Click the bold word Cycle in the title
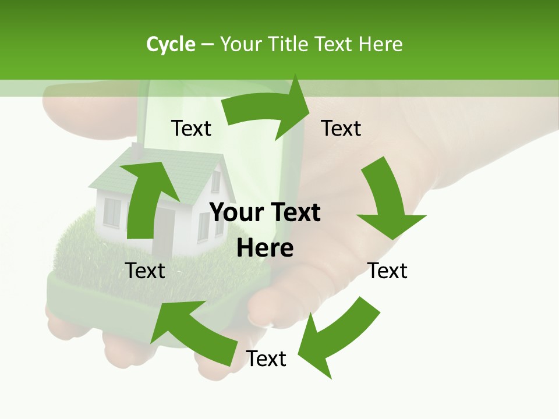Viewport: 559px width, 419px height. click(171, 44)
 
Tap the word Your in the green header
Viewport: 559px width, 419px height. click(240, 44)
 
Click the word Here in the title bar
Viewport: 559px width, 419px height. click(380, 44)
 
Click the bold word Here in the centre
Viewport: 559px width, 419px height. click(265, 248)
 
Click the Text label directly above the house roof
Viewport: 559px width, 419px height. click(191, 128)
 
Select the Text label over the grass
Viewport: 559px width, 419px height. click(145, 271)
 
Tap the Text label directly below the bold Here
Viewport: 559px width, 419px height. click(266, 358)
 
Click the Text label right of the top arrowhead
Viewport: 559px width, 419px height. click(341, 128)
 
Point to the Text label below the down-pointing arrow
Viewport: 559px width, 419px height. click(387, 271)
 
